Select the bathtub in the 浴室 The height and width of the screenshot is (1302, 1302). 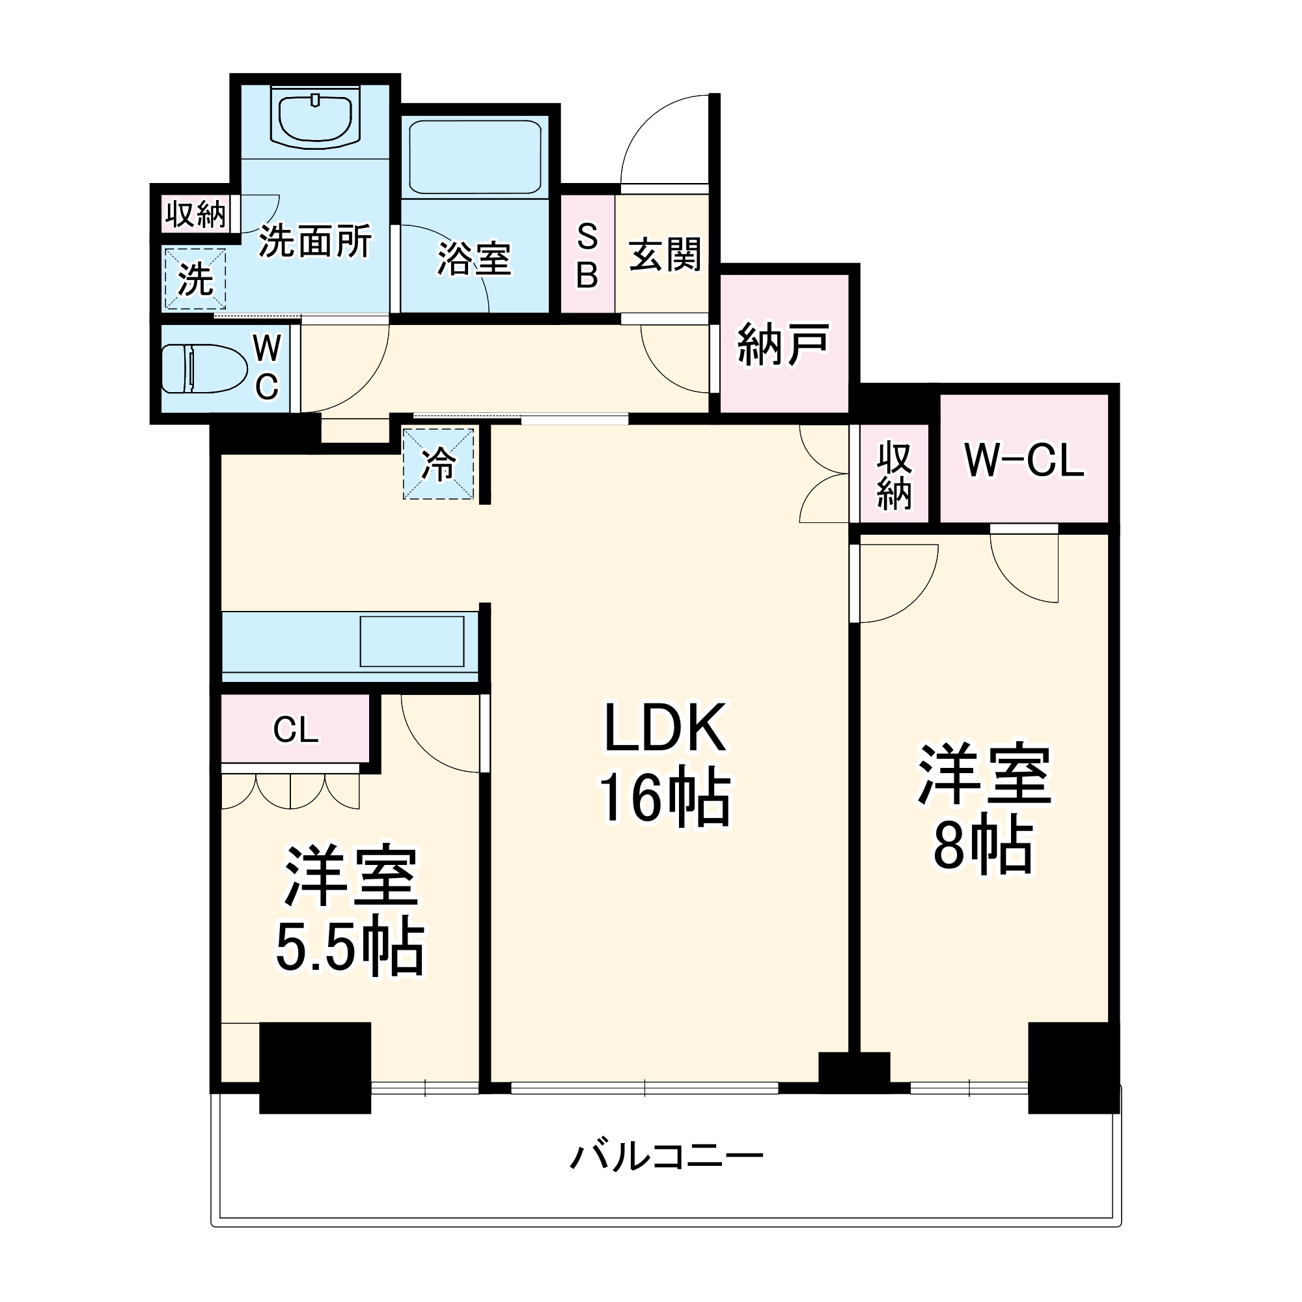475,157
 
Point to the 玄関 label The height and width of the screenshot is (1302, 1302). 665,255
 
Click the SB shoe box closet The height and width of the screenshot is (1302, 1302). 587,255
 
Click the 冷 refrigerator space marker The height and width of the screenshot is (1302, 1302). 439,464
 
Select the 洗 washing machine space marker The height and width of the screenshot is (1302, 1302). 195,279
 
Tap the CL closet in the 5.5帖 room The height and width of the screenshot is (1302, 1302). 295,729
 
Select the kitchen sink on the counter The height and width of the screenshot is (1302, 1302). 412,641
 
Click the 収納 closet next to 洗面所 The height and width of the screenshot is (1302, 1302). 195,214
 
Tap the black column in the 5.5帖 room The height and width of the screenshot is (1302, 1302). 315,1068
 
